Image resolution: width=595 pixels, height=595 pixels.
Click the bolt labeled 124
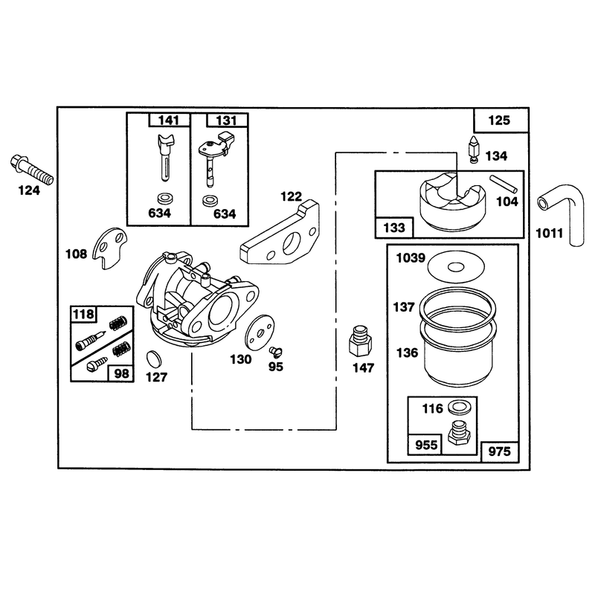click(31, 170)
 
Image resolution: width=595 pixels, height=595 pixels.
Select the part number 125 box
click(501, 120)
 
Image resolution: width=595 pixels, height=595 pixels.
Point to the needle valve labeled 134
click(475, 150)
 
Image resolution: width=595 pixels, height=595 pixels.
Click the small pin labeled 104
click(504, 184)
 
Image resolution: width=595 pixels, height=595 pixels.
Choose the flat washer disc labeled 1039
click(456, 268)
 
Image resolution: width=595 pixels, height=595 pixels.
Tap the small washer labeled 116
click(459, 407)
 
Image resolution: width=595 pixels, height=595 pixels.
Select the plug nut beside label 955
click(459, 433)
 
